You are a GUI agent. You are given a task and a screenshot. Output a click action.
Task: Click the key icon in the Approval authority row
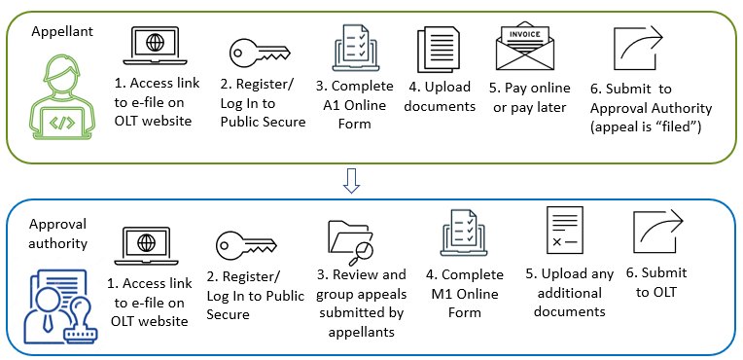tap(246, 245)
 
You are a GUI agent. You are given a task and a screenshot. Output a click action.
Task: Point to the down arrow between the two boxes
tap(351, 181)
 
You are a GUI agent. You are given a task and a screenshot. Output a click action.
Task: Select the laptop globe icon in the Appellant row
tap(155, 46)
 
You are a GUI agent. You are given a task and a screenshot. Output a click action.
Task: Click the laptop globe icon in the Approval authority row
tap(147, 245)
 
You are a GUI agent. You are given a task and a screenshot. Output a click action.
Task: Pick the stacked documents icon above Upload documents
tap(439, 50)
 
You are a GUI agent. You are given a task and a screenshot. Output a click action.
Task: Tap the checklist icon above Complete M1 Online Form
tap(465, 234)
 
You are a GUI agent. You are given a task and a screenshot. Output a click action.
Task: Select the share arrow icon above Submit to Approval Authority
tap(638, 49)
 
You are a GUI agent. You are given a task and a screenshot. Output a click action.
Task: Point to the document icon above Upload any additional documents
tap(564, 230)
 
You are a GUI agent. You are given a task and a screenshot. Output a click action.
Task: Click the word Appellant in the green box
tap(62, 32)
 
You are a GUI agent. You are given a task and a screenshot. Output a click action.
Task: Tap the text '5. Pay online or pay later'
tap(530, 97)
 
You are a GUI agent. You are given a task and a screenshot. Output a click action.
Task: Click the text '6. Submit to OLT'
tap(656, 282)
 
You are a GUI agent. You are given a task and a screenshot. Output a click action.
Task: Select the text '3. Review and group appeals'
tap(362, 284)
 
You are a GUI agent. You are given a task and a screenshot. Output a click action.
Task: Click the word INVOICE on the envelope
tap(524, 35)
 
